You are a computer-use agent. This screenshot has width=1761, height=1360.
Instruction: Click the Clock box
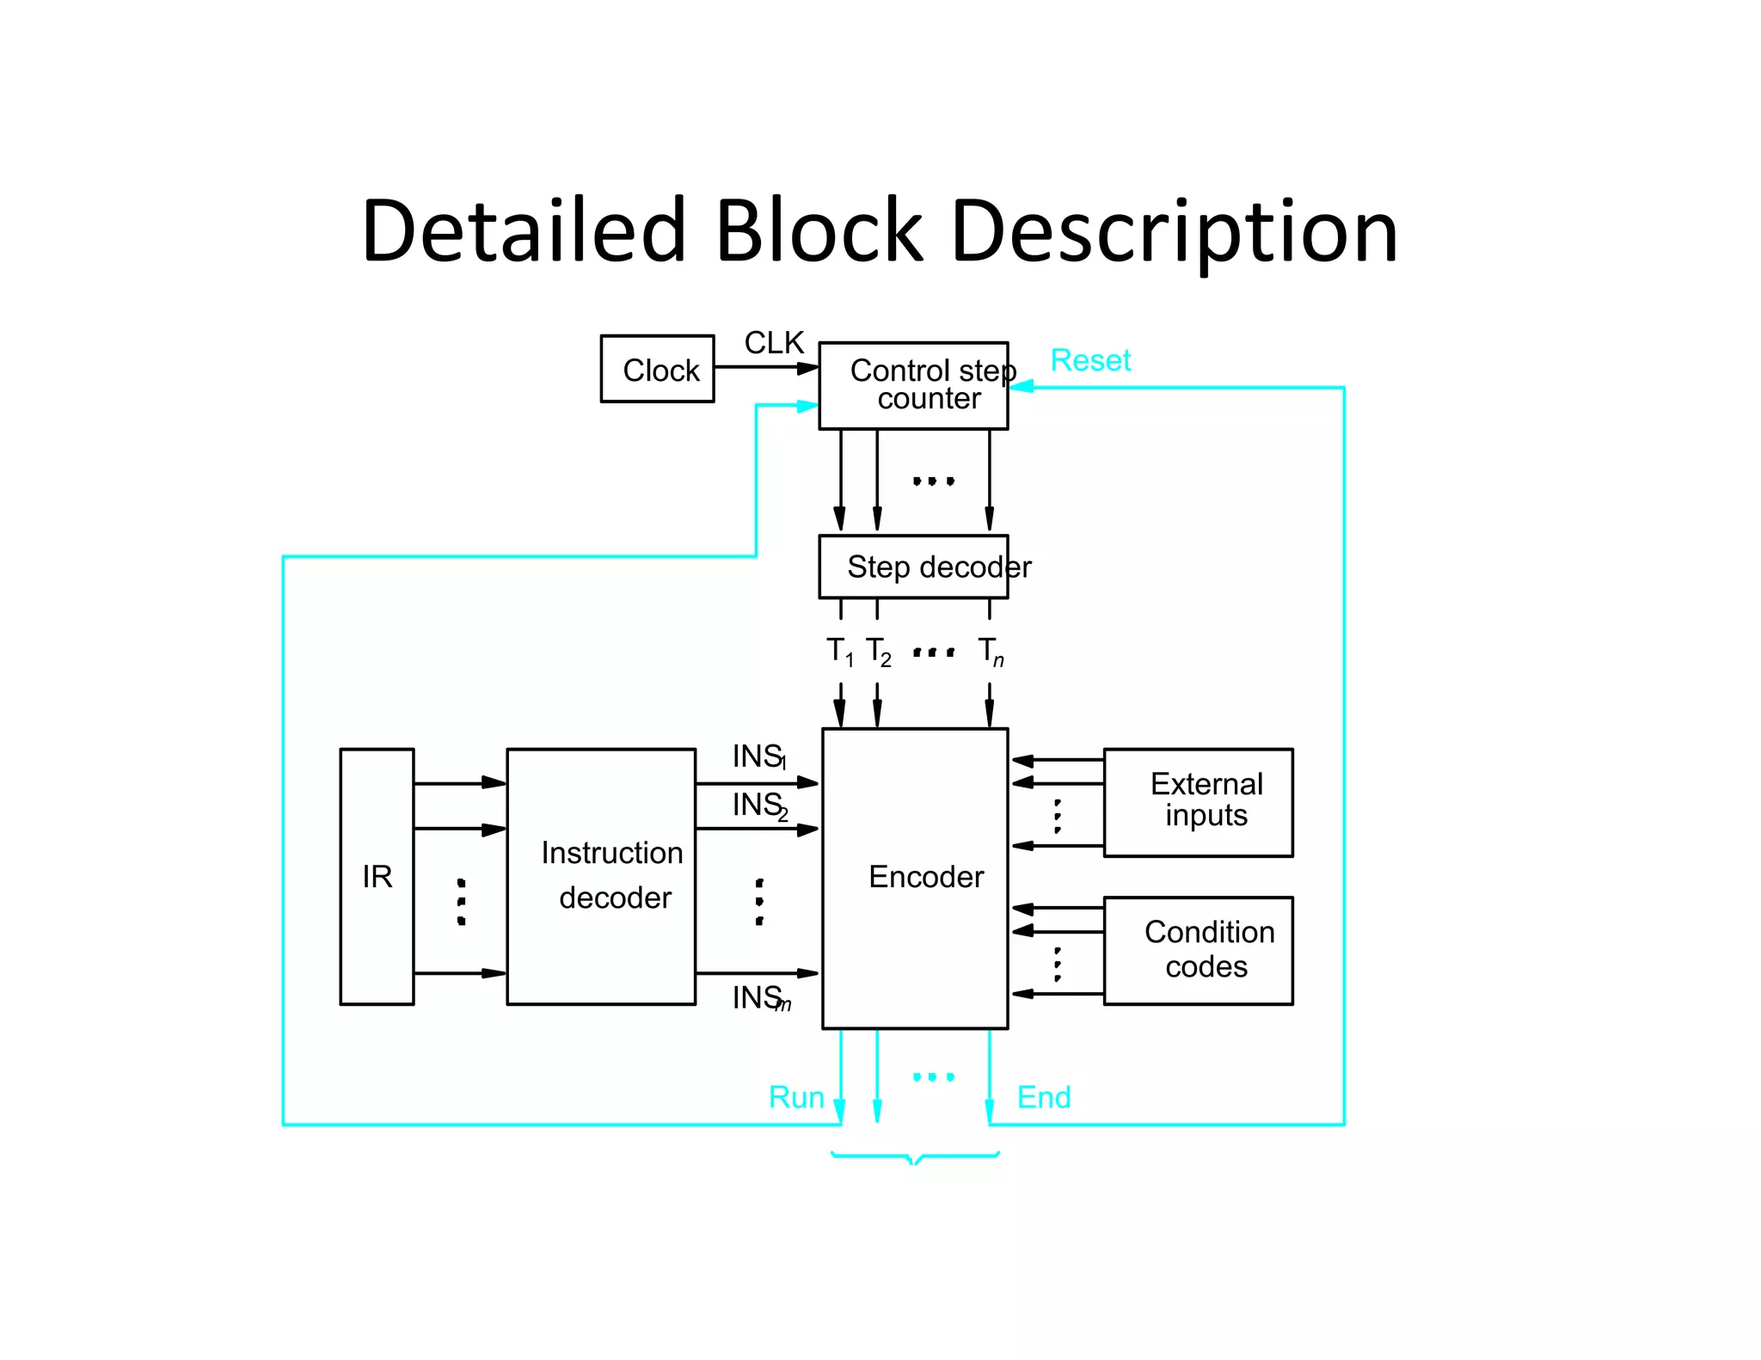click(657, 369)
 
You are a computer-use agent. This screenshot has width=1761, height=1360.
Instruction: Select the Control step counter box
click(913, 386)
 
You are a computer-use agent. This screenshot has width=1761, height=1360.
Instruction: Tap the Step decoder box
click(913, 567)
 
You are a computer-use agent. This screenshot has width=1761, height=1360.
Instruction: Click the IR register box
click(377, 876)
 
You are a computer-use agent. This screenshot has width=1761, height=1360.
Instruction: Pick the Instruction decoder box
click(601, 876)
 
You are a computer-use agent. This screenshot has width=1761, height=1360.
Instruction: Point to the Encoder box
click(915, 878)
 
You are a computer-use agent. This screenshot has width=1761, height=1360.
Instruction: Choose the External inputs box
click(1198, 802)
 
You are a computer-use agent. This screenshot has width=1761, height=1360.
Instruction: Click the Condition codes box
click(1198, 950)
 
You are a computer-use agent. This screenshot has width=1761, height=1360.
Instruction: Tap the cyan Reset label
click(1090, 360)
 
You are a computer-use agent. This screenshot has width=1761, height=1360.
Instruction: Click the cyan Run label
click(796, 1097)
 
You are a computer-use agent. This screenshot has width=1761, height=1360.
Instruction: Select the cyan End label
click(1044, 1097)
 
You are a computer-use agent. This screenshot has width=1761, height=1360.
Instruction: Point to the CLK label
click(774, 343)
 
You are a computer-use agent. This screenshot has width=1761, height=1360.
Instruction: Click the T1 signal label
click(839, 652)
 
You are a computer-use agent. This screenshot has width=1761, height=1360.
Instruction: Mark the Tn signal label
click(991, 652)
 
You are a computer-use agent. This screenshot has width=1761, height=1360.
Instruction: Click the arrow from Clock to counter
click(765, 368)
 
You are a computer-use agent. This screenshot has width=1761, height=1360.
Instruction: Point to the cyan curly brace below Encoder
click(915, 1157)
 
